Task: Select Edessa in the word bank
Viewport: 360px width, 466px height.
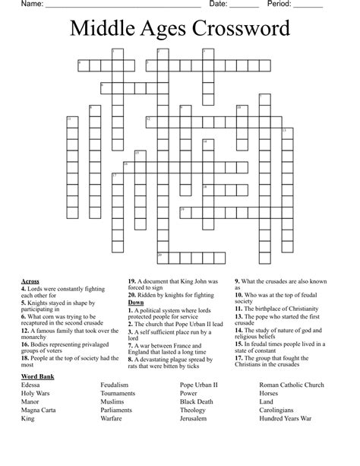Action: (x=32, y=385)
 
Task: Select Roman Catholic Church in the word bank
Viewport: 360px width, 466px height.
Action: (x=292, y=385)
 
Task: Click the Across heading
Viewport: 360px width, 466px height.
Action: (x=30, y=281)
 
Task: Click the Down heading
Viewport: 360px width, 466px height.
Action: (x=136, y=303)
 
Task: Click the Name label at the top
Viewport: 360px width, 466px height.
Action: (x=11, y=5)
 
